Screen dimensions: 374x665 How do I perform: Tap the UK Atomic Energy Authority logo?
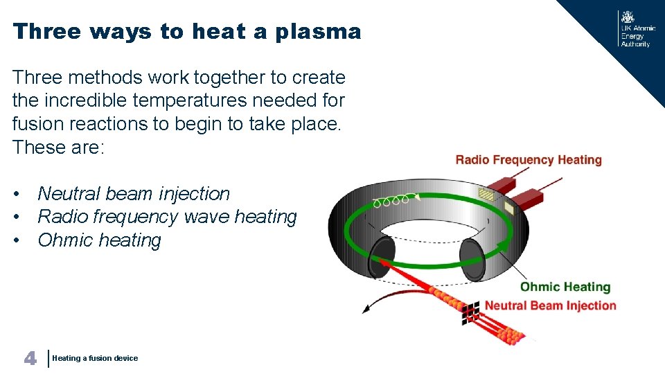pos(634,29)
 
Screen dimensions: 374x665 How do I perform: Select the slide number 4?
pos(30,357)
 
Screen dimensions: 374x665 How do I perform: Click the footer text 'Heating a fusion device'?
pos(95,358)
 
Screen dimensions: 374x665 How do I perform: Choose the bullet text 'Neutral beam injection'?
pos(134,194)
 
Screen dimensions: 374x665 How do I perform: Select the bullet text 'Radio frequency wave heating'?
pos(167,217)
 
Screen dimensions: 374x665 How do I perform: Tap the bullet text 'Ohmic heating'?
pos(99,240)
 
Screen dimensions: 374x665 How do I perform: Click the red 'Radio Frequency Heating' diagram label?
pos(529,160)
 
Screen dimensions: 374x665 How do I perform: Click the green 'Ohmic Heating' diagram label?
pos(565,287)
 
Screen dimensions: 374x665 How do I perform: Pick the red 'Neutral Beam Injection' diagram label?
pos(550,305)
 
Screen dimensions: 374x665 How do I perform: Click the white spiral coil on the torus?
pos(391,202)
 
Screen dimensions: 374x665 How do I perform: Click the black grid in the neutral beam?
pos(471,312)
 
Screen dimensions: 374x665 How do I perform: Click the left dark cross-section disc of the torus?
pos(382,258)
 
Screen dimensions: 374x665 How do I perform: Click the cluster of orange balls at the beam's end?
pos(511,337)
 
